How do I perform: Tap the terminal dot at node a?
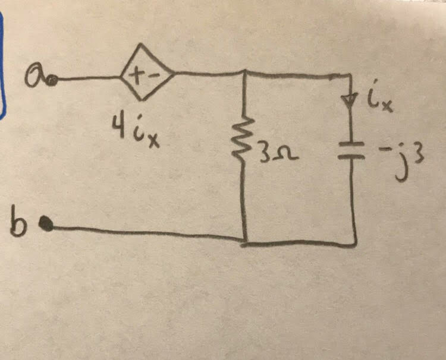(x=53, y=81)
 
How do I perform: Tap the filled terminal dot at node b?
(x=46, y=224)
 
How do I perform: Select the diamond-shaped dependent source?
(x=147, y=72)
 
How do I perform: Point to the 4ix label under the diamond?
(x=136, y=130)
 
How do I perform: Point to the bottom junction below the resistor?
(x=244, y=243)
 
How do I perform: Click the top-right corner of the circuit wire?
(x=350, y=75)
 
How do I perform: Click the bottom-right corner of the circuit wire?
(x=354, y=244)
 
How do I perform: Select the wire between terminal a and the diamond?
(x=89, y=78)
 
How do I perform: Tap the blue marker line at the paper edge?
(x=2, y=65)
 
